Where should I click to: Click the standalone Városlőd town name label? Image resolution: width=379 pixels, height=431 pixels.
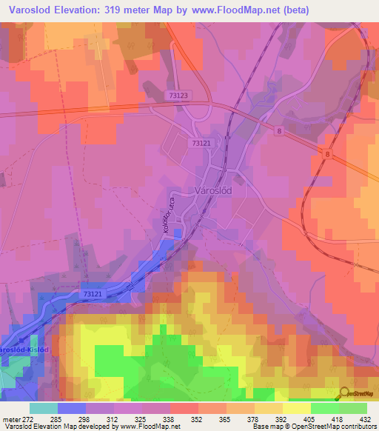point(215,190)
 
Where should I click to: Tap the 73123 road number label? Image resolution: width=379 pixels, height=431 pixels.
point(178,96)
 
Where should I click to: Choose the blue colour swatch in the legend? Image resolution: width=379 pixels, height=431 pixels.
point(71,408)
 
